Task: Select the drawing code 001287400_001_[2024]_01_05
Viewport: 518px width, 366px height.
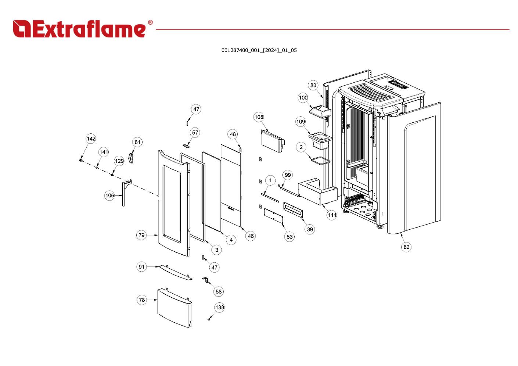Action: tap(259, 50)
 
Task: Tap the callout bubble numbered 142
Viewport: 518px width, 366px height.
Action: tap(91, 139)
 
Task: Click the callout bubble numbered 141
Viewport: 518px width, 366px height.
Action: tap(104, 152)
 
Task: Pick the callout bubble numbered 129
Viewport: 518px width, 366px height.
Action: tap(119, 161)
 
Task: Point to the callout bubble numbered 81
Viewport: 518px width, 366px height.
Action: tap(137, 142)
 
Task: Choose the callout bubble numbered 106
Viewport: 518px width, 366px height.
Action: tap(110, 195)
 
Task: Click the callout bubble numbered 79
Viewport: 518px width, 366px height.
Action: tap(142, 235)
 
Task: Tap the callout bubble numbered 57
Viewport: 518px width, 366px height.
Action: tap(195, 133)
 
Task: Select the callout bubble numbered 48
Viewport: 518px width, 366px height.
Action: tap(233, 134)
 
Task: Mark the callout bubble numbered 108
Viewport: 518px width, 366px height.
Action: tap(259, 117)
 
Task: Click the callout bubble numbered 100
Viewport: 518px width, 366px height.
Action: tap(303, 98)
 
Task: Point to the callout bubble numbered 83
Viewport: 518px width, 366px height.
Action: tap(313, 85)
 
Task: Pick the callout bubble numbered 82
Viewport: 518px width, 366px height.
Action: tap(406, 247)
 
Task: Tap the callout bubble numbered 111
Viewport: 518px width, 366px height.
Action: tap(332, 215)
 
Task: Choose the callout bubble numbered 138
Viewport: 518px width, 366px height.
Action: tap(220, 308)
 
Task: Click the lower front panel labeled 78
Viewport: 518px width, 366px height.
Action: tap(173, 307)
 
